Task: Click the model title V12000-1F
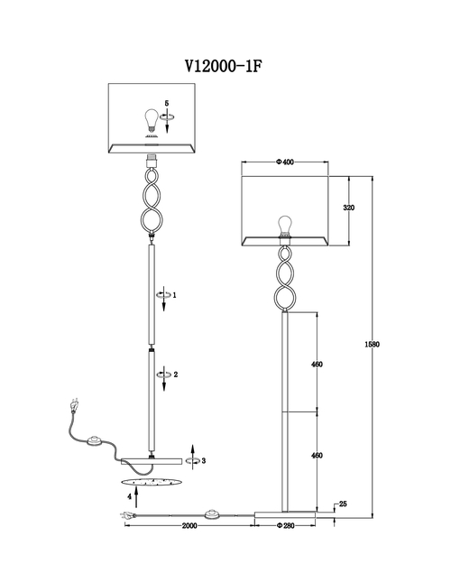pos(224,66)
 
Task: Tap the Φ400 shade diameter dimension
pos(285,162)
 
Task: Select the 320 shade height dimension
pos(348,208)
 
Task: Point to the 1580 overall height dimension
pos(372,344)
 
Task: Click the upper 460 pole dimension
pos(317,364)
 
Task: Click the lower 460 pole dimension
pos(317,456)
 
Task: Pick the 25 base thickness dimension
pos(343,504)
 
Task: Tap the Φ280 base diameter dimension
pos(286,525)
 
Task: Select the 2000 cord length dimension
pos(189,525)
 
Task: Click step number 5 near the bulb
pos(167,103)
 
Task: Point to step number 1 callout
pos(174,295)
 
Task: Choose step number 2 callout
pos(176,374)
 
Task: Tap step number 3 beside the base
pos(204,460)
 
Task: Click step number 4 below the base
pos(129,496)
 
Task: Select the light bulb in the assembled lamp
pos(286,226)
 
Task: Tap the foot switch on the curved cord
pos(95,441)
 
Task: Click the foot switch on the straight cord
pos(213,514)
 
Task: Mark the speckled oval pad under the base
pos(151,482)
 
